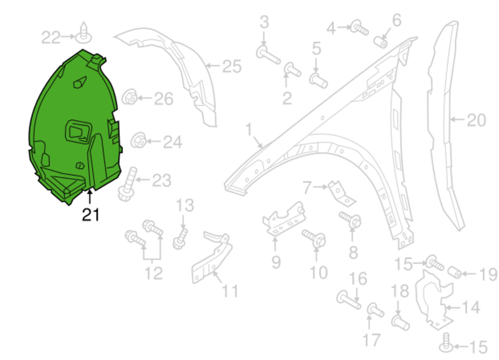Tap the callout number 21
90,214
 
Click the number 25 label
232,66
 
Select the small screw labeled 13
180,239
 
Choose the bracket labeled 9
284,220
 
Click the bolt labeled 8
351,220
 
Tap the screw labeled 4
359,28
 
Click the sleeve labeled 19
455,272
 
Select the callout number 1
249,129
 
